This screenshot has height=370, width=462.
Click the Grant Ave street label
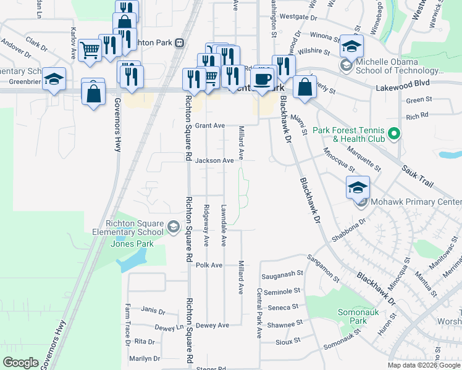tap(210, 125)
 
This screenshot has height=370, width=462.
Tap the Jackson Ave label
tap(214, 160)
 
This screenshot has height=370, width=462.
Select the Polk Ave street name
tap(209, 265)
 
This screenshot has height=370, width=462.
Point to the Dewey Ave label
tap(212, 325)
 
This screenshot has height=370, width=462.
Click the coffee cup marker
tap(264, 79)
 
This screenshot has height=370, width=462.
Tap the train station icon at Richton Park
tap(179, 43)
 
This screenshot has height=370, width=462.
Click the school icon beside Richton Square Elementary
tap(174, 228)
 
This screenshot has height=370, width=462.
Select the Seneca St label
tap(284, 306)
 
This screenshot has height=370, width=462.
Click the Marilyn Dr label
tap(144, 358)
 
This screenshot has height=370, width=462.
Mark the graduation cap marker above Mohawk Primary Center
tap(357, 187)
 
